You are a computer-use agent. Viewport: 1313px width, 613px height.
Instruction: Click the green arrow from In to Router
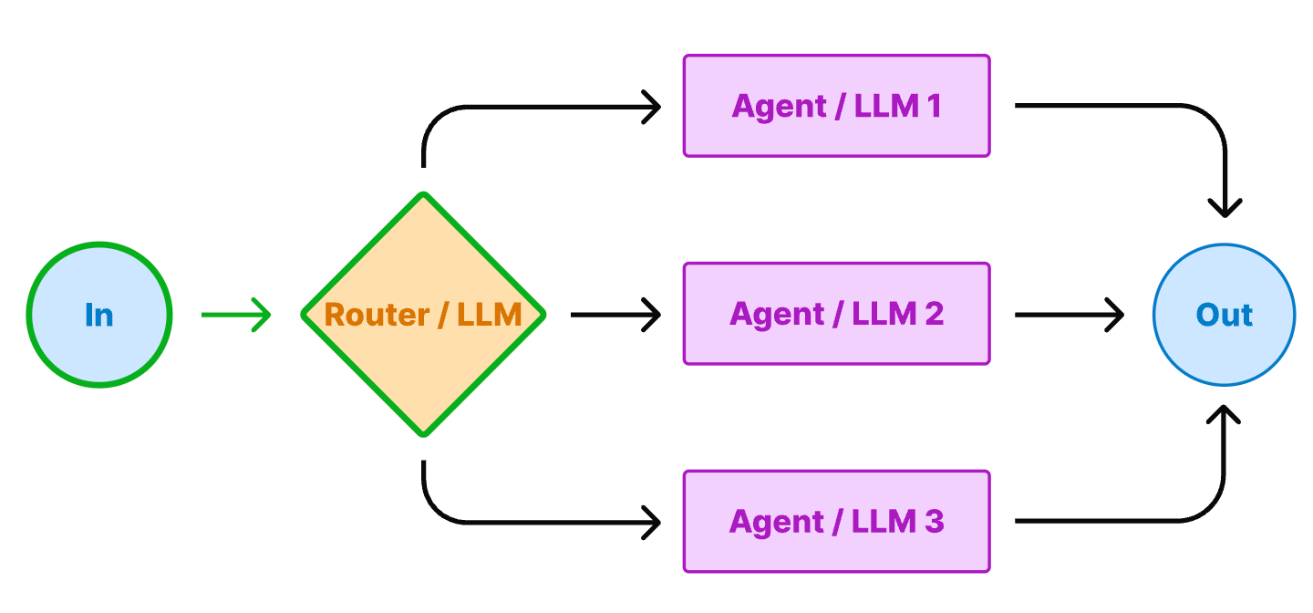[x=235, y=315]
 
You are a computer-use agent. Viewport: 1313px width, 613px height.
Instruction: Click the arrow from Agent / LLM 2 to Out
[x=1068, y=315]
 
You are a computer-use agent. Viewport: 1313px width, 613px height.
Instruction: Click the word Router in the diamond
[x=377, y=315]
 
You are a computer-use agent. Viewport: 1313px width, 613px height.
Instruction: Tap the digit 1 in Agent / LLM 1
[x=933, y=107]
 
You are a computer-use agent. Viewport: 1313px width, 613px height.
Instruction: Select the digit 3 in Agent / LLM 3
[x=935, y=523]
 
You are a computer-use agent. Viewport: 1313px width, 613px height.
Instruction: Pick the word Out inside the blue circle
[x=1224, y=315]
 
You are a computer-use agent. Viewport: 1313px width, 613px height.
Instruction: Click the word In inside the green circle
[x=98, y=315]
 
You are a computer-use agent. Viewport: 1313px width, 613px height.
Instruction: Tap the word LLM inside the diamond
[x=490, y=315]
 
